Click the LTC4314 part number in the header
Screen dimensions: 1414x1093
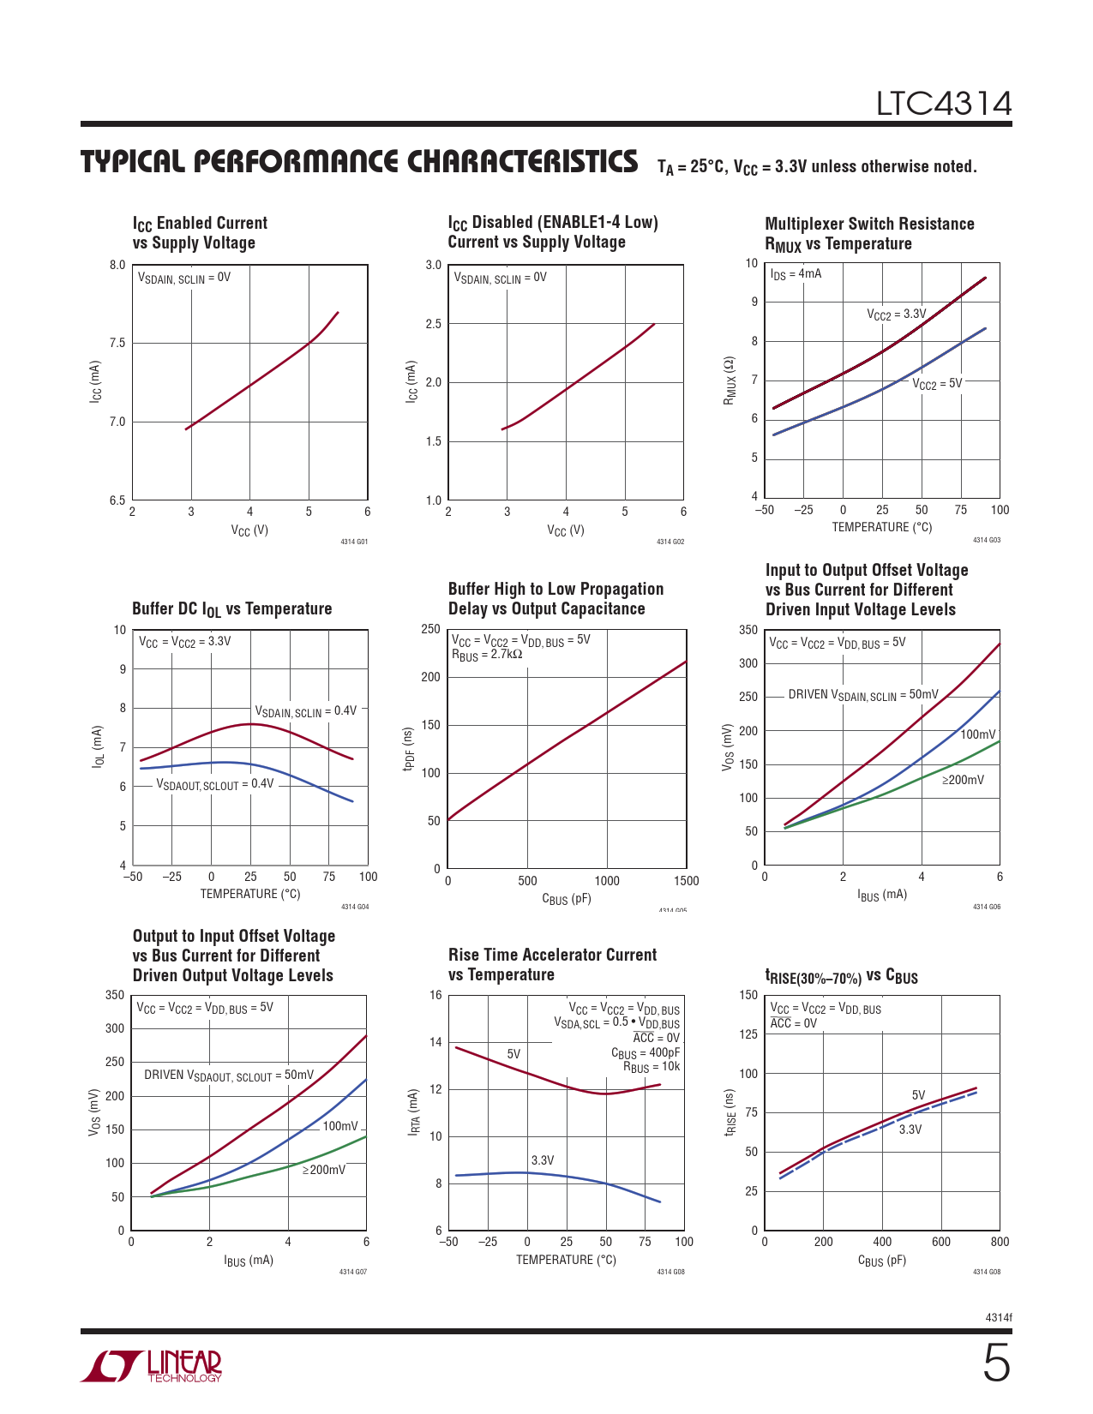point(943,105)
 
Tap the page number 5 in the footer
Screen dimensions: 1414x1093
point(996,1363)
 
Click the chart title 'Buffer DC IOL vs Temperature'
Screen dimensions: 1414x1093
point(231,609)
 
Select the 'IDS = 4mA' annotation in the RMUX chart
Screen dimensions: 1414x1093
point(796,274)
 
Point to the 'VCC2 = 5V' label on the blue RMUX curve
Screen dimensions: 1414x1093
point(937,384)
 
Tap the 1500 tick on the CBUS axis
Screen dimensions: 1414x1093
point(686,881)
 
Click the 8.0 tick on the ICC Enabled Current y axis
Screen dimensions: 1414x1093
point(117,265)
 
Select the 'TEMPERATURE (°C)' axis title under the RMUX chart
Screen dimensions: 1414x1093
point(881,527)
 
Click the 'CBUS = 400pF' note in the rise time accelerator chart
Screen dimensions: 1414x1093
point(646,1052)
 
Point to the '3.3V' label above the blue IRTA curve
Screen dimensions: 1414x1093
point(543,1160)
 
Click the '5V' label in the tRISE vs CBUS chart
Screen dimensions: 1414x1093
point(918,1095)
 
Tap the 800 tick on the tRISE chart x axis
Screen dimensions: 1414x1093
point(1000,1242)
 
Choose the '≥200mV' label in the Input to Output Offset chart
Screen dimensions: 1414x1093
point(963,780)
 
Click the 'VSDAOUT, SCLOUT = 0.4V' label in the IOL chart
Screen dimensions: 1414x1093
point(214,784)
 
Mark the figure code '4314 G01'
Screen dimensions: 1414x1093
point(354,542)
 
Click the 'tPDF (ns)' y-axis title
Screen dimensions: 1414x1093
point(410,748)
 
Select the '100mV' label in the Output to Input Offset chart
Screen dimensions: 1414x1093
point(339,1126)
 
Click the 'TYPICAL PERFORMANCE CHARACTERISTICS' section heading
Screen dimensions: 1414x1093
point(359,162)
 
